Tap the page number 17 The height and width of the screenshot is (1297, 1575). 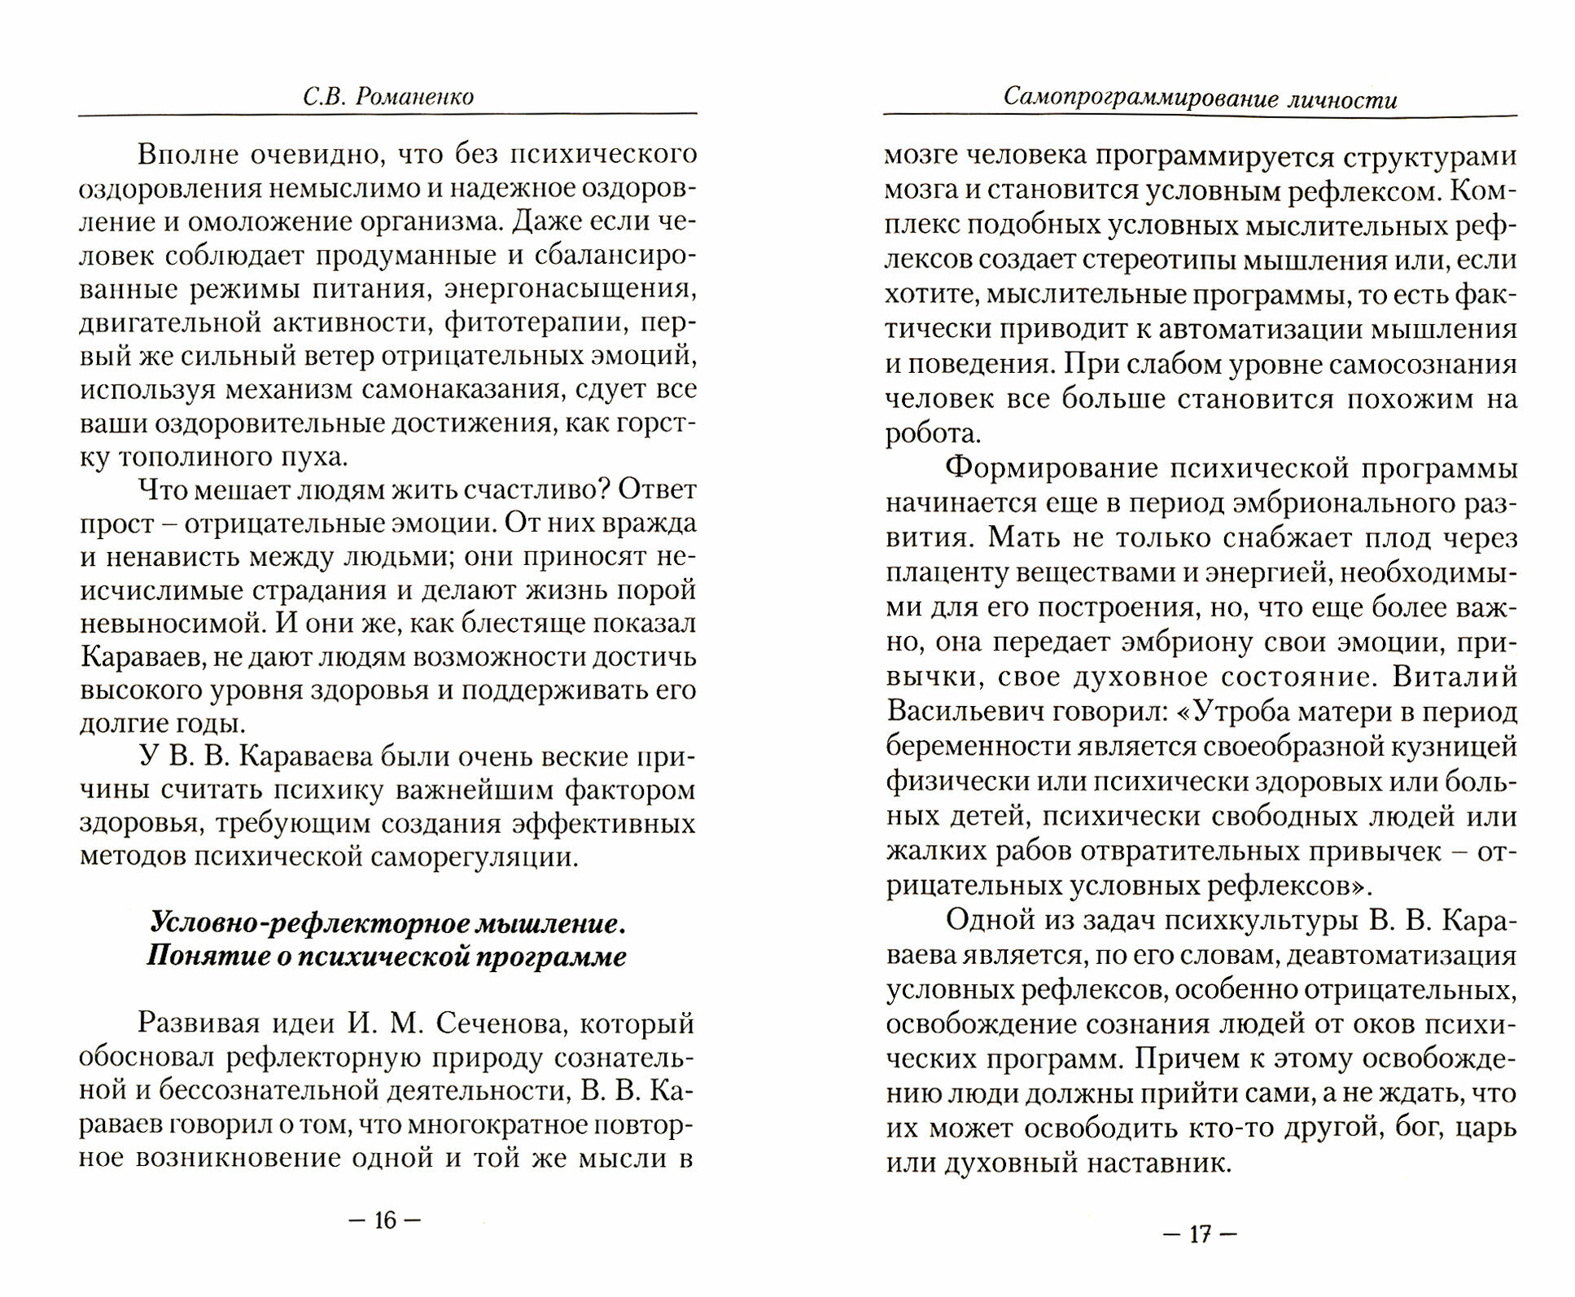point(1200,1234)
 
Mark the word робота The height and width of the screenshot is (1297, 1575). point(930,434)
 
